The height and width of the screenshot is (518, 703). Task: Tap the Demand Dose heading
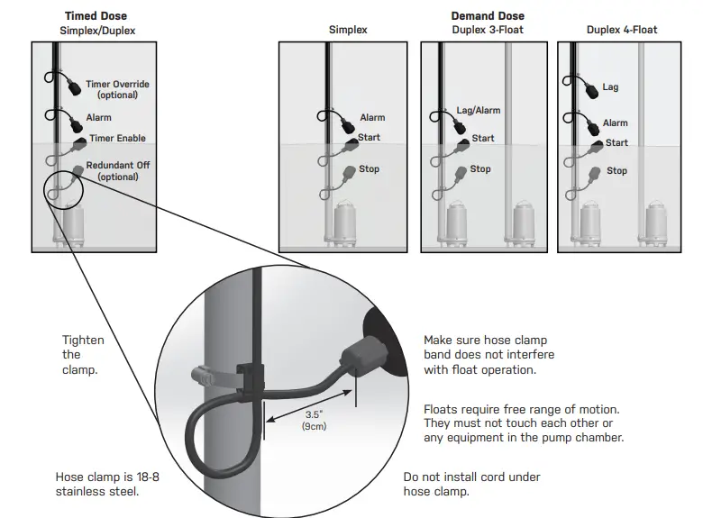point(488,16)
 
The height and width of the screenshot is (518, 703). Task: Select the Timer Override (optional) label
point(117,89)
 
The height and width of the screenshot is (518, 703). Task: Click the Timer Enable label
point(117,139)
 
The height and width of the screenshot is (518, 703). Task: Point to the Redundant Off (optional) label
point(117,170)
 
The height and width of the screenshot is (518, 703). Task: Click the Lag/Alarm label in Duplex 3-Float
point(479,111)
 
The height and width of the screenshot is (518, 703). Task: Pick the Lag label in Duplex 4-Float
point(610,87)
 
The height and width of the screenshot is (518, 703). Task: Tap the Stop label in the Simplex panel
point(370,169)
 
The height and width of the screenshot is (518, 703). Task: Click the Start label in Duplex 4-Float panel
point(616,142)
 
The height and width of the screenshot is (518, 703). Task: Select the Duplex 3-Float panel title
point(488,30)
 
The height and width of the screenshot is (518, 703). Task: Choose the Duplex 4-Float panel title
point(622,30)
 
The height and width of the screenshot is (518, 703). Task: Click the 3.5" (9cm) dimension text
point(314,421)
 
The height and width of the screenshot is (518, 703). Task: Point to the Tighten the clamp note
point(83,355)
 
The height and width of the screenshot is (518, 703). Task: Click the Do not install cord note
point(471,484)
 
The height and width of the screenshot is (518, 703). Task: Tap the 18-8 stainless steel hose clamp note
point(107,484)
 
